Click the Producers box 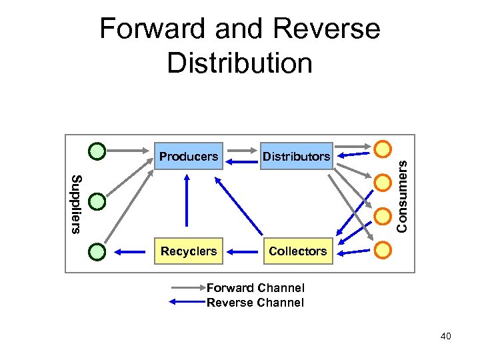coord(189,156)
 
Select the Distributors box coord(296,156)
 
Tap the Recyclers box coord(189,251)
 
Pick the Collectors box coord(298,251)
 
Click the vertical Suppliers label coord(77,205)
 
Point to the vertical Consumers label coord(401,197)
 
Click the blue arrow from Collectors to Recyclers coord(242,252)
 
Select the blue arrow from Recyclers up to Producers coord(187,200)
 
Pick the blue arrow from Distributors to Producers coord(241,162)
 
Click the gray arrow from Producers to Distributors coord(242,151)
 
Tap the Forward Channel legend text coord(255,288)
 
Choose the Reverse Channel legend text coord(255,303)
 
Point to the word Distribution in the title coord(240,63)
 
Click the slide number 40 coord(446,336)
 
